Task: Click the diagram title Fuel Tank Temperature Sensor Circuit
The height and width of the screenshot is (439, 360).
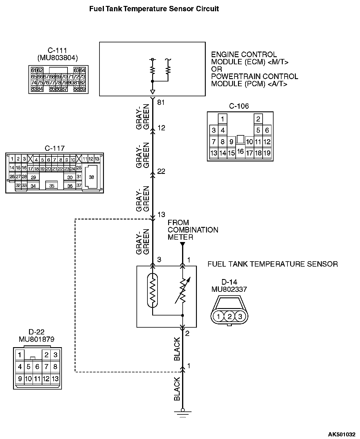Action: pyautogui.click(x=154, y=9)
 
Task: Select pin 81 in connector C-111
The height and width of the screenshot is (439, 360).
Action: pyautogui.click(x=77, y=83)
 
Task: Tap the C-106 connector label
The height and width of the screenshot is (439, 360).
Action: pyautogui.click(x=239, y=106)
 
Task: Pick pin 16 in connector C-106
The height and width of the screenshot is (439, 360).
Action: pyautogui.click(x=240, y=151)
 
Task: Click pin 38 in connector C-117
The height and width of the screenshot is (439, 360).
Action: pyautogui.click(x=91, y=177)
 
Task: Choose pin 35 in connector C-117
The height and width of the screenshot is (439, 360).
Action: pyautogui.click(x=52, y=186)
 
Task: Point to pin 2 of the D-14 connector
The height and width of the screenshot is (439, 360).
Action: pyautogui.click(x=229, y=316)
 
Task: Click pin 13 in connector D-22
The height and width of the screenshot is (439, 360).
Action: pyautogui.click(x=55, y=379)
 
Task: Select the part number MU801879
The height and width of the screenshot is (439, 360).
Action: pyautogui.click(x=36, y=339)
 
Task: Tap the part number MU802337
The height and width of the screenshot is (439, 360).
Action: pyautogui.click(x=229, y=289)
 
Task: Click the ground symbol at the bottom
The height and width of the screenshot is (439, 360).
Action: pyautogui.click(x=182, y=412)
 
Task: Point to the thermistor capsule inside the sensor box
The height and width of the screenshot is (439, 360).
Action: pyautogui.click(x=152, y=289)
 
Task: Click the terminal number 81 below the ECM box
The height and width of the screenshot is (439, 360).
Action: pyautogui.click(x=161, y=102)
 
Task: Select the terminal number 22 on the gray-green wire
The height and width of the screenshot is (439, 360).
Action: pyautogui.click(x=161, y=171)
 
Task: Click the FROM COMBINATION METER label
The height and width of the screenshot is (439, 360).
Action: pyautogui.click(x=193, y=230)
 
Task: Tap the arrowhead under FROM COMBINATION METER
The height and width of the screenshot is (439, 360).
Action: pyautogui.click(x=182, y=244)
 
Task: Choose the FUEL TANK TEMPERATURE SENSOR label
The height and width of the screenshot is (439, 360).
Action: pyautogui.click(x=272, y=264)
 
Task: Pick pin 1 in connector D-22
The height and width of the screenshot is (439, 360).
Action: pyautogui.click(x=20, y=355)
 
